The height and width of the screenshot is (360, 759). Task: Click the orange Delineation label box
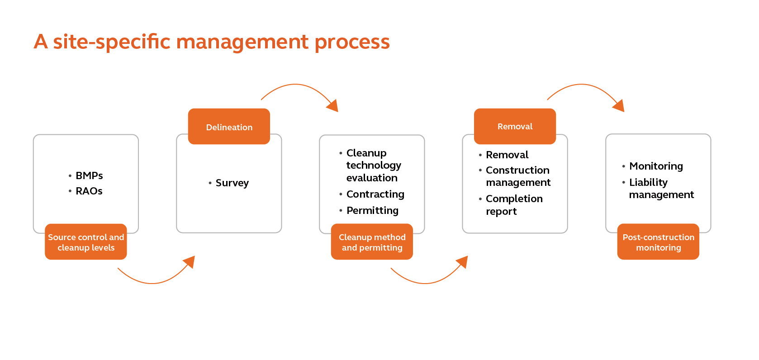229,126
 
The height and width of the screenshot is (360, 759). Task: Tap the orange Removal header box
515,126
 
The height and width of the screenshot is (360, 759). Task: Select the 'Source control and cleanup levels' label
86,242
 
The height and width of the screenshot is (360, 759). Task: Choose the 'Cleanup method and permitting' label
372,242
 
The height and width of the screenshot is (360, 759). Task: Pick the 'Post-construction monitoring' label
659,242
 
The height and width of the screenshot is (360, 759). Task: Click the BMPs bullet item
86,175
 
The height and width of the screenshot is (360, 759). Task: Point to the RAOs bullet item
85,191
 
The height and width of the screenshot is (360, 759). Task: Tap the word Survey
232,183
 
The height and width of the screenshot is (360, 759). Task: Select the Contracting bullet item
372,194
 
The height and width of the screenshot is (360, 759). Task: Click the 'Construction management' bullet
515,176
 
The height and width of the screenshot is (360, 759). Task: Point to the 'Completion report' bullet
511,205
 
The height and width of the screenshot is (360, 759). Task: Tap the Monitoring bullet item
653,166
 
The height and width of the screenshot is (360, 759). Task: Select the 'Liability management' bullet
658,188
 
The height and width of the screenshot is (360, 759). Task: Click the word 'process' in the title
352,43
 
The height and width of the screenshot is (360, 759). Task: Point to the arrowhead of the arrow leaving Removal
619,106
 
